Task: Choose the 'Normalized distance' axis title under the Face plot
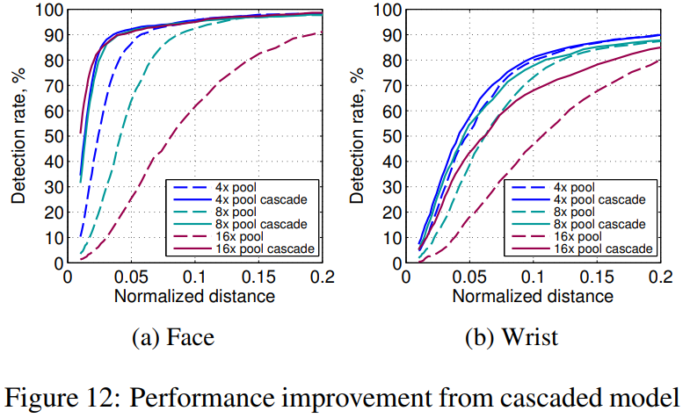[x=194, y=295]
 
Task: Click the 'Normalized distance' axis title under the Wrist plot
[x=533, y=295]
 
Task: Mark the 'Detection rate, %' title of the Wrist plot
[x=355, y=136]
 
